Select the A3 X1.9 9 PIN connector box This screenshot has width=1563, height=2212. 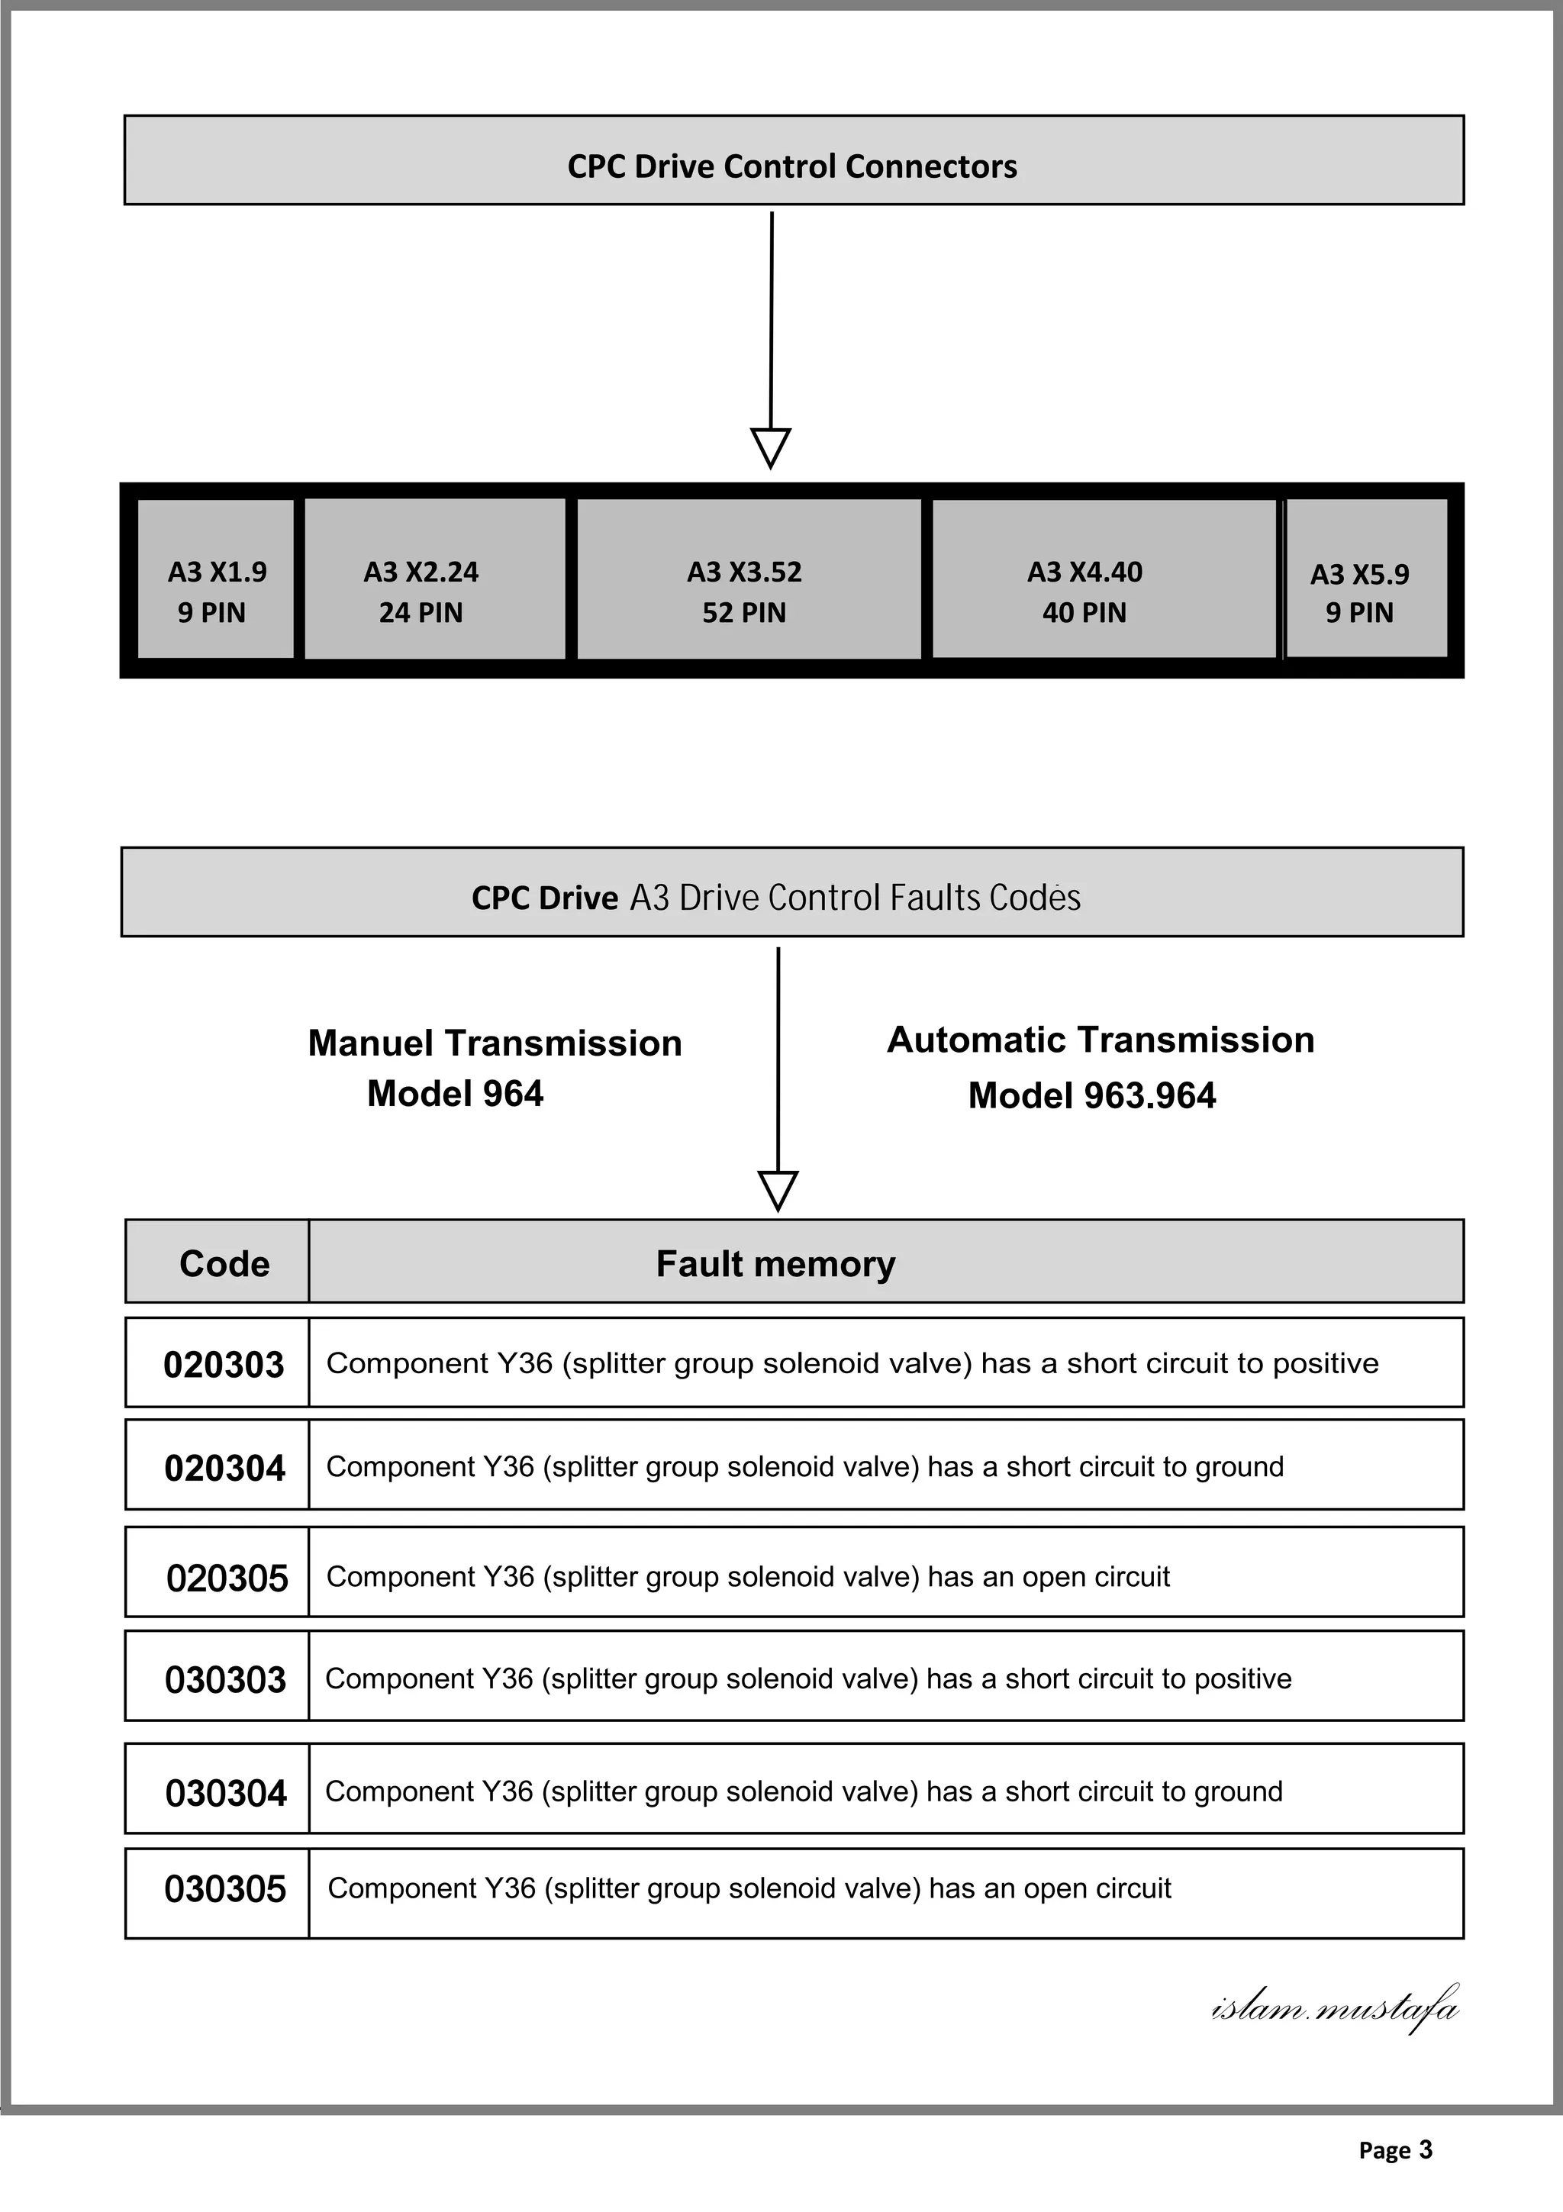[216, 579]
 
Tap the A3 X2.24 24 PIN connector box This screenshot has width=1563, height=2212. [434, 579]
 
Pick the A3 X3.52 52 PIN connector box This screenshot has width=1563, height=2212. [748, 579]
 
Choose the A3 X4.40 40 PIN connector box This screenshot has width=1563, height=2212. [1103, 579]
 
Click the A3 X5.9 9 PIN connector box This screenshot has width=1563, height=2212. [1365, 579]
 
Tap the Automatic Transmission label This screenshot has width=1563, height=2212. [1100, 1040]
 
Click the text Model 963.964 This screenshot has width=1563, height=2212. [1091, 1095]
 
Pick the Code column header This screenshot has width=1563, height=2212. [224, 1263]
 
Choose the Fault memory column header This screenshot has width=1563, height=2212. [775, 1263]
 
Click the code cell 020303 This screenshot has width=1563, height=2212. [224, 1364]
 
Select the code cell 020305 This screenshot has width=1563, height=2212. [227, 1578]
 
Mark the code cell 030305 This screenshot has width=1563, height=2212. [224, 1888]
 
